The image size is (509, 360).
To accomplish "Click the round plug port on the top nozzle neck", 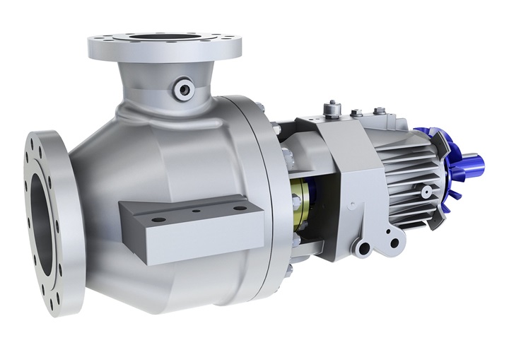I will click(185, 87).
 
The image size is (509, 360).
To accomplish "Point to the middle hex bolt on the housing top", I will click(357, 112).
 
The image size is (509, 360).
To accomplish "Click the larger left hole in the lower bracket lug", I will click(365, 246).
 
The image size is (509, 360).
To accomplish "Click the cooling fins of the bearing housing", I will click(414, 170).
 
